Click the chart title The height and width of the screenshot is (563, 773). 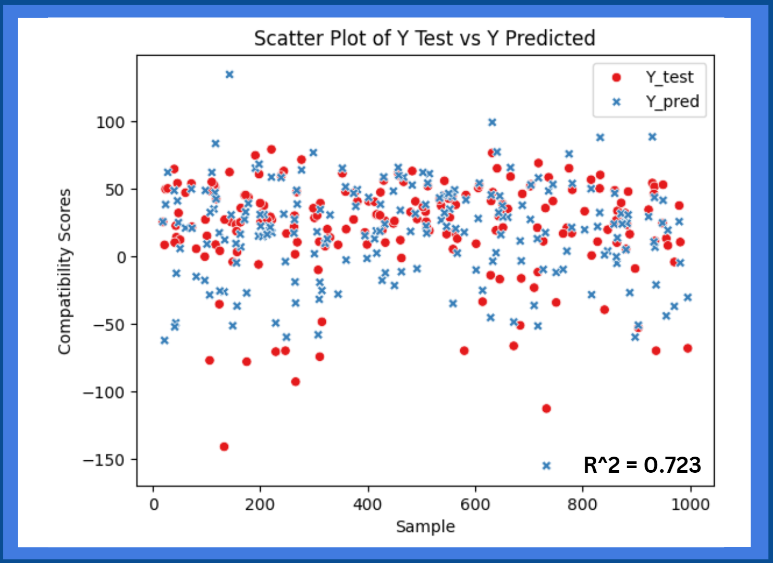coord(424,38)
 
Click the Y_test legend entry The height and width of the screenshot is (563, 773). coord(669,77)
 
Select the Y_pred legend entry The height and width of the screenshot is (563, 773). coord(672,101)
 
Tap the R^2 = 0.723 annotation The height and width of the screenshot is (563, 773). coord(642,465)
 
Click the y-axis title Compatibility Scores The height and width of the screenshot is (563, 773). coord(64,272)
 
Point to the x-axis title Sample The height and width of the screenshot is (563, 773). coord(425,527)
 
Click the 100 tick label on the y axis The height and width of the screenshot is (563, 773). coord(110,123)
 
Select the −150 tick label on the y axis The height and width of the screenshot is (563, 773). coord(104,460)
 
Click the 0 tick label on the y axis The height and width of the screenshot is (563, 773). coord(121,257)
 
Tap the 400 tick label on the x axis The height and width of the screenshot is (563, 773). coord(368,505)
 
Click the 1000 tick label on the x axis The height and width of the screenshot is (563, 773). coord(690,505)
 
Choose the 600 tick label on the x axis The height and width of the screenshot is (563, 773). coord(475,505)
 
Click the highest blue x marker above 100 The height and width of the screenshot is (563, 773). coord(229,75)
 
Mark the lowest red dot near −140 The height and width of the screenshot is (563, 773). coord(224,447)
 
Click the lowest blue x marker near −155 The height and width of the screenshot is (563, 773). coord(546,466)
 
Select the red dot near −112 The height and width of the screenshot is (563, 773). coord(546,408)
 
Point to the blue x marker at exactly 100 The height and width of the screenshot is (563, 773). coord(492,123)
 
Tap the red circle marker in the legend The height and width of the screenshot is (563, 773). coord(617,78)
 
